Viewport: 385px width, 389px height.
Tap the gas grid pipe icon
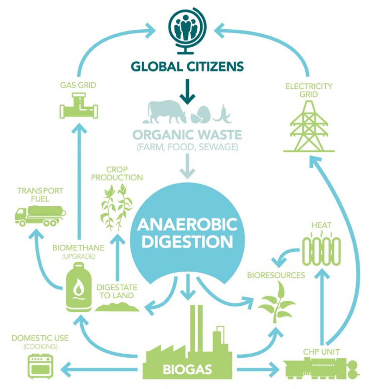79,106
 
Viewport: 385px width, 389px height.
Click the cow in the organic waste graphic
165,112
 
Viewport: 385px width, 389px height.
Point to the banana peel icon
223,115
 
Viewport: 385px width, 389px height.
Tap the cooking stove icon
40,366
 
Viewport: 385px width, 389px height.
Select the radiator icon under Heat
321,251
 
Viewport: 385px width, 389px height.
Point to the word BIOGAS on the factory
187,369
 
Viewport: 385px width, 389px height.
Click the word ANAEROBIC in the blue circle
187,224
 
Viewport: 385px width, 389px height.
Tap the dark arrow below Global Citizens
187,91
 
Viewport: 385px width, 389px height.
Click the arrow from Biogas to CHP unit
258,370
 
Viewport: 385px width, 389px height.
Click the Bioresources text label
276,275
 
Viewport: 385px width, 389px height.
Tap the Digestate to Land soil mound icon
117,307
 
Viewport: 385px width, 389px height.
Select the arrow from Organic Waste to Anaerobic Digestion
187,166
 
